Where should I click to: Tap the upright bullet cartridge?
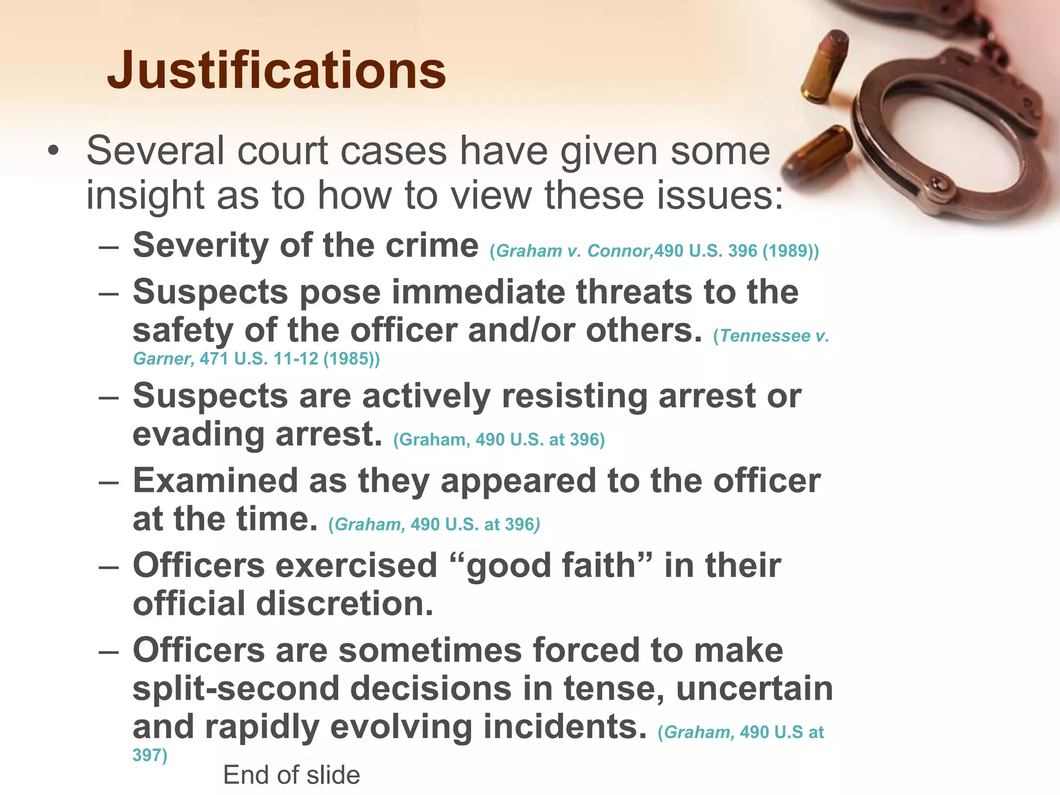click(x=826, y=65)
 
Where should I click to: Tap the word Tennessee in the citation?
click(x=765, y=336)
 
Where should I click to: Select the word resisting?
click(x=574, y=396)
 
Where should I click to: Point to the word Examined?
click(x=215, y=480)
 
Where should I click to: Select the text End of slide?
click(x=291, y=775)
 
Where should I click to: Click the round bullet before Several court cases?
click(x=53, y=151)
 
